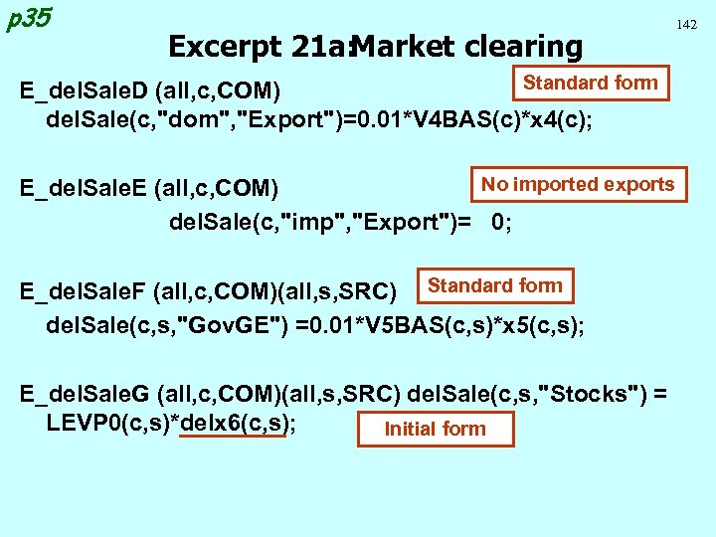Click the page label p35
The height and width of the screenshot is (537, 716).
[x=28, y=19]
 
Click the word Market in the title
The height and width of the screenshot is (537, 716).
[x=402, y=46]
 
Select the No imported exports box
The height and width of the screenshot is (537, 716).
[x=578, y=184]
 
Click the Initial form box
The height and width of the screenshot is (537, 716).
[x=435, y=429]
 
